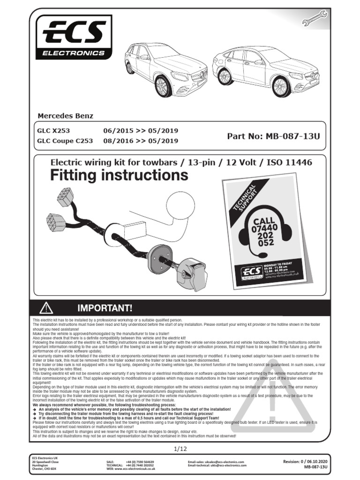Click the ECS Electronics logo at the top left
pos(74,37)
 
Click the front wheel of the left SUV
pos(163,87)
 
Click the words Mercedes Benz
pos(65,116)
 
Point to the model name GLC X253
pos(53,131)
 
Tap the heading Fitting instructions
pos(119,176)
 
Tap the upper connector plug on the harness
pos(65,197)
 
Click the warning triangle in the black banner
pos(46,307)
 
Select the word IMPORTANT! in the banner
pos(105,308)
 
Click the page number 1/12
pos(180,449)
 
